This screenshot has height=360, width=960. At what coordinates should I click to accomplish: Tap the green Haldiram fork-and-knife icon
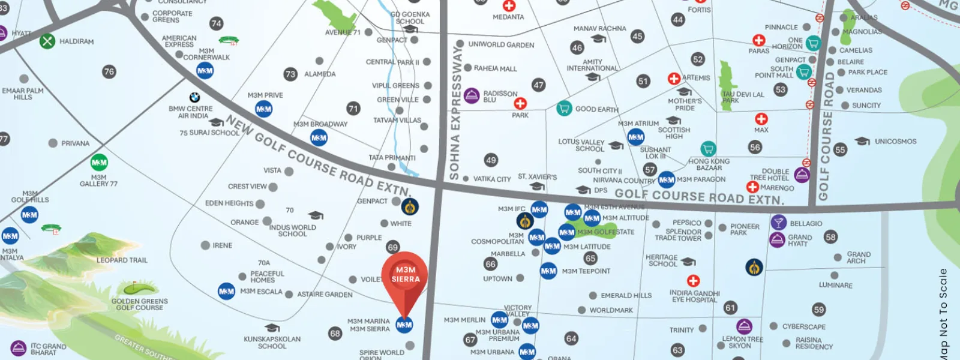click(47, 41)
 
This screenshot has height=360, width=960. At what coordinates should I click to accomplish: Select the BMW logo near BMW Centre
click(194, 97)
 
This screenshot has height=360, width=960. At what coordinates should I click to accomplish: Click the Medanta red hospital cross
click(509, 6)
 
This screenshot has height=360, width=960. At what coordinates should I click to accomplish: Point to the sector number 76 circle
click(109, 71)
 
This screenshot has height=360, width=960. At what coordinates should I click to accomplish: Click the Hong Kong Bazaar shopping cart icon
click(708, 148)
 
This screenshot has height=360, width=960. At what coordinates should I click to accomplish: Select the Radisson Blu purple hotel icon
click(472, 95)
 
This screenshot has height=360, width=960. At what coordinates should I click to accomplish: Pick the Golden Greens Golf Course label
click(139, 304)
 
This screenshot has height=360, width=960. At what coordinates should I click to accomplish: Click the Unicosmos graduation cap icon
click(862, 142)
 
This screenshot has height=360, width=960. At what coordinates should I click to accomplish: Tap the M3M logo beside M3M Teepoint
click(548, 271)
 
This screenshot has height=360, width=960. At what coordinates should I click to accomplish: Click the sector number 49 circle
click(491, 160)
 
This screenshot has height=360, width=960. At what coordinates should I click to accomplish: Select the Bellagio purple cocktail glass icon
click(778, 223)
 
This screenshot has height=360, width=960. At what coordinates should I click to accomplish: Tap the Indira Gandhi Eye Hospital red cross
click(693, 281)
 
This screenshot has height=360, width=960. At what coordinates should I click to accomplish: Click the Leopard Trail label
click(122, 260)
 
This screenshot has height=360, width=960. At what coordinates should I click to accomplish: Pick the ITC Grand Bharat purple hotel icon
click(19, 348)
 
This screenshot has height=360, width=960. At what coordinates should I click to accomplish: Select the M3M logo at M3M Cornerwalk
click(205, 71)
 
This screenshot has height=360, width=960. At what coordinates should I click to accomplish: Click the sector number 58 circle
click(830, 237)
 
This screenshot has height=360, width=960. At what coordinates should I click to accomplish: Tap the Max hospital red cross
click(761, 119)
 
